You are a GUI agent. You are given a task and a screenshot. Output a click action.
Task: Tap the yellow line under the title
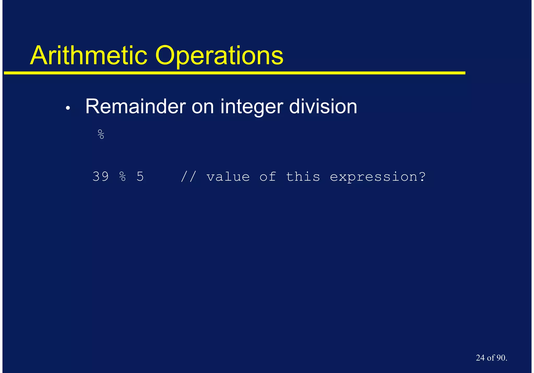(x=235, y=73)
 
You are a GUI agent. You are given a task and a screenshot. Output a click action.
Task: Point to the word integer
(x=252, y=107)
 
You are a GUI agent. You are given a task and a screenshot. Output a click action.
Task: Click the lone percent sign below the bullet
(x=101, y=134)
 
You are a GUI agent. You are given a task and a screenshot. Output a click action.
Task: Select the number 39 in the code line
(x=101, y=176)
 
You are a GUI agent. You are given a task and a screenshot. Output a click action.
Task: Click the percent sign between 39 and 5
(x=123, y=176)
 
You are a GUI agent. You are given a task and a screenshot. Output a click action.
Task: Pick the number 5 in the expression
(x=140, y=176)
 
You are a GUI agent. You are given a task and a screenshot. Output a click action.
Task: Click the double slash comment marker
(x=188, y=176)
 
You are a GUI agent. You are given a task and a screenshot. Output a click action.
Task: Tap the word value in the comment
(x=228, y=177)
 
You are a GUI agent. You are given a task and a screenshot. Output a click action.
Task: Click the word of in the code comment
(x=268, y=176)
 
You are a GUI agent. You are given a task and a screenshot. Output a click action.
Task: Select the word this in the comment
(x=303, y=176)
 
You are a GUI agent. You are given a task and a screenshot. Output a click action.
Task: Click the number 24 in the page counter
(x=480, y=358)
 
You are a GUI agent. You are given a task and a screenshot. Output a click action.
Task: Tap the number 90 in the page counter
(x=501, y=358)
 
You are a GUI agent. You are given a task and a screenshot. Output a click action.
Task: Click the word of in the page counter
(x=490, y=358)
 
